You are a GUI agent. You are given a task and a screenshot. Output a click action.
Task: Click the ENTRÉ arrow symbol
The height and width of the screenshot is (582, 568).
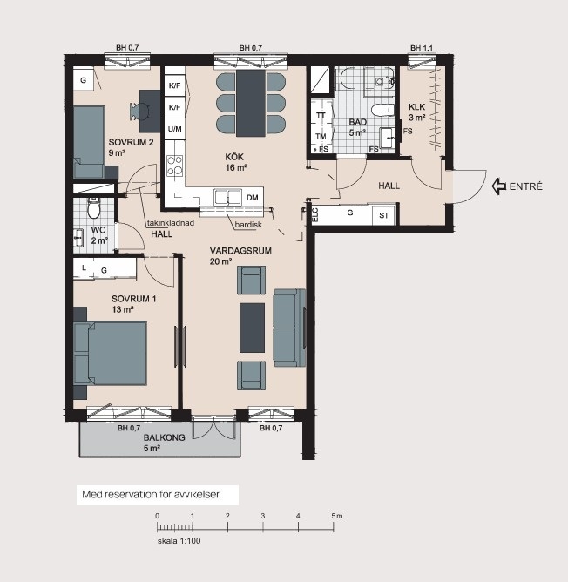point(499,186)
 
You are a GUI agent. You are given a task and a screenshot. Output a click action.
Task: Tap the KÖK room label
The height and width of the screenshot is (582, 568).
point(234,157)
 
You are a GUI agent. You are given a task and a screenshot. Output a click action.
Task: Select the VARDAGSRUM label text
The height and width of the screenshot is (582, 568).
point(240,251)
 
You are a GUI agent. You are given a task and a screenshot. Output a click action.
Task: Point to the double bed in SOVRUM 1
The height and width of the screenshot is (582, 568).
point(111,353)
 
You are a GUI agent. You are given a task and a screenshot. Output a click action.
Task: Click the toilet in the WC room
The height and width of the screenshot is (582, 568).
point(93,208)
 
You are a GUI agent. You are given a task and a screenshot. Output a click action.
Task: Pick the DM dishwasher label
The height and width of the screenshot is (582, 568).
point(253,198)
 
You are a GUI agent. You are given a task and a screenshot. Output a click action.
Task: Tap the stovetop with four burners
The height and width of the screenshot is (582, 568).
point(174,166)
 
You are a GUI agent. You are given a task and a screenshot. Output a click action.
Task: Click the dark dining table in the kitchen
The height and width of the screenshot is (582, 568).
point(251,103)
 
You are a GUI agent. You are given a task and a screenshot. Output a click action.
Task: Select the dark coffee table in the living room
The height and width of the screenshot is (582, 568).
point(252,328)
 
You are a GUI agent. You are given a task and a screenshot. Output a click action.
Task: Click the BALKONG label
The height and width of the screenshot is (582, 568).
point(164,437)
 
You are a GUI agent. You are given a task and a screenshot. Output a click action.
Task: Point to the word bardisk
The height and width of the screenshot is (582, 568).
point(248,225)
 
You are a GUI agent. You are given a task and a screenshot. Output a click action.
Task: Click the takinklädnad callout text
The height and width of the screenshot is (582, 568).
point(171,223)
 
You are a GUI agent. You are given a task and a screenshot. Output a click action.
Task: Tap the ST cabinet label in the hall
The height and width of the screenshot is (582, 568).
point(384,216)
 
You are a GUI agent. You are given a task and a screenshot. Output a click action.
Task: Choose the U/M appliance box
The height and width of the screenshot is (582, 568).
point(175,129)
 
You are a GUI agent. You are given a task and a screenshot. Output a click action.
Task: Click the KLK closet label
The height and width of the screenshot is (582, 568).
point(417,107)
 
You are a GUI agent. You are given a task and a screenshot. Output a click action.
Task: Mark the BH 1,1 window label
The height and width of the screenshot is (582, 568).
point(422,48)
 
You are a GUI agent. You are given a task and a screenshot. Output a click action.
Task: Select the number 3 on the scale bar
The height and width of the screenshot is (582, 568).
point(263,516)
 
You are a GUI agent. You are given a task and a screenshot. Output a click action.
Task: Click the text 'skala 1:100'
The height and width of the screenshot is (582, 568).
point(179,541)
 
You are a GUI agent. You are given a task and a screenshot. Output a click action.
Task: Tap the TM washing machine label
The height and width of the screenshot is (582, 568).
point(321,137)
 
